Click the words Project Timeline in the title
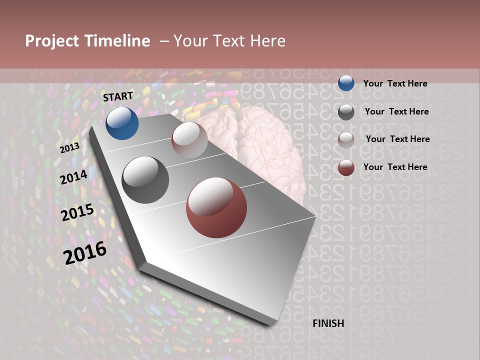point(87,41)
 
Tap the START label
point(118,96)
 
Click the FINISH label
point(328,323)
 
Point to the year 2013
point(69,148)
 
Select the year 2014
point(74,177)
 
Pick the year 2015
point(77,212)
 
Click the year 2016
point(85,252)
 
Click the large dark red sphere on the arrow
point(216,207)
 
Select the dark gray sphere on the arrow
point(145,180)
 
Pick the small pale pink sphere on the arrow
point(189,140)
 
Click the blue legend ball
point(346,83)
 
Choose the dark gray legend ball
point(346,112)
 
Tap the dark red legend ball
point(346,167)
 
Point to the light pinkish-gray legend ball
point(346,140)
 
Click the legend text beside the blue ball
point(395,83)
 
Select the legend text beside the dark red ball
point(395,167)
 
